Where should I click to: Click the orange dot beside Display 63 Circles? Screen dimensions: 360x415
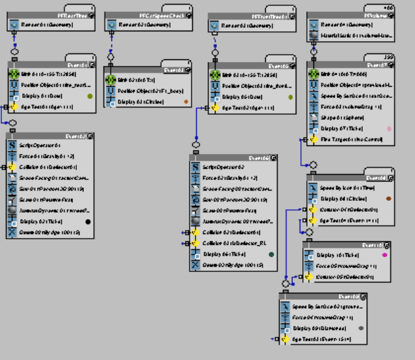[186, 101]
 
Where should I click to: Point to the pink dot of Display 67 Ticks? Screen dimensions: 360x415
[389, 128]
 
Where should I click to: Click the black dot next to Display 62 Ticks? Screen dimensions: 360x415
[88, 222]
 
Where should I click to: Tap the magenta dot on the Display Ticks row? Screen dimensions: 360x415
[384, 255]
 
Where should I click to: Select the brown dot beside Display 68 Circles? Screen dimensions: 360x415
[388, 198]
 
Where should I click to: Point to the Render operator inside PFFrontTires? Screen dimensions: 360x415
[248, 25]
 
